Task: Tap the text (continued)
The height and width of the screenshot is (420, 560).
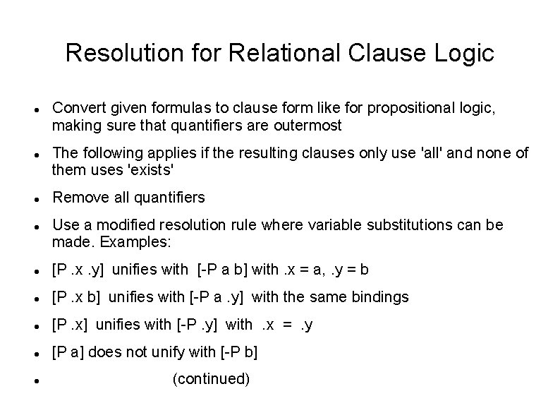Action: pos(211,380)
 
